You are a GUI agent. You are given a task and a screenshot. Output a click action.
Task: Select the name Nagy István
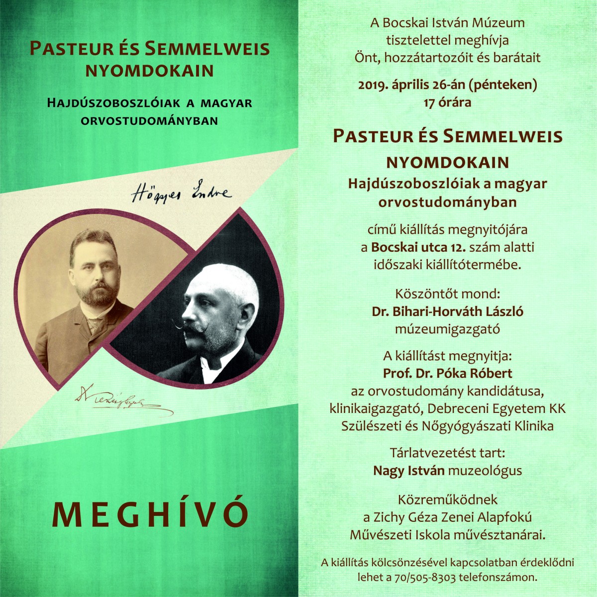point(408,470)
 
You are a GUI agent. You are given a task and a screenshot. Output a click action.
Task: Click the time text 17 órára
point(447,103)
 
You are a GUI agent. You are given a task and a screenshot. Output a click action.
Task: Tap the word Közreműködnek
point(447,499)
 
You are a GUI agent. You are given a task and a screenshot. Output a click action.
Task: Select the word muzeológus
point(485,470)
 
